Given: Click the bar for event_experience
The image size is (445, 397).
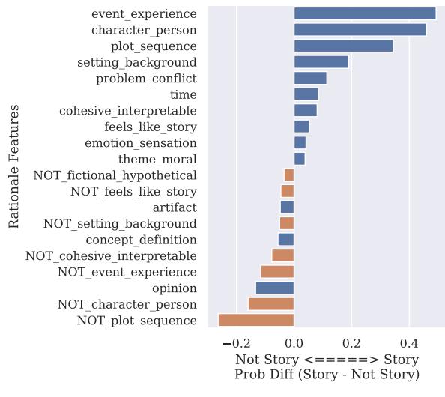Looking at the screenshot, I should pos(364,13).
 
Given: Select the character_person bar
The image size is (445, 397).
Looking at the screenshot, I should pos(360,30).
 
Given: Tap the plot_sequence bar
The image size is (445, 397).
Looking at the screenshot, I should pos(343,46).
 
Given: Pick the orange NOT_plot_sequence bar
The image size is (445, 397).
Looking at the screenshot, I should pos(255,321).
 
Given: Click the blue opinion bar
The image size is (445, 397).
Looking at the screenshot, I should pos(274,288).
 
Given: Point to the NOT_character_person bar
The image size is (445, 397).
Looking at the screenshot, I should pos(270,304).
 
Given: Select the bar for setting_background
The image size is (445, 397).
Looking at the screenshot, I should pos(321,62).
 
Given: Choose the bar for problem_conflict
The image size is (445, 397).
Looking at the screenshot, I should pos(310,78).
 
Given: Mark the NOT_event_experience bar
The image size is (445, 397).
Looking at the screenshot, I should pos(276,272).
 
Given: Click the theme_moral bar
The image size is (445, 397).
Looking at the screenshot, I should pos(299,159).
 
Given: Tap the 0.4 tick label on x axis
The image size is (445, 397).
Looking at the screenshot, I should pos(409,343).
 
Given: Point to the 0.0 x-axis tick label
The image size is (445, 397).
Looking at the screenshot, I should pos(294,343).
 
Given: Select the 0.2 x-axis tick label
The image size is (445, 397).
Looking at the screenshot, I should pos(351,343).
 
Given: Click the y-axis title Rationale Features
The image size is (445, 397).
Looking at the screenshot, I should pos(13,167).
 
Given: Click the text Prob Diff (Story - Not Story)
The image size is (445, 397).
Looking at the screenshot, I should pos(327,374).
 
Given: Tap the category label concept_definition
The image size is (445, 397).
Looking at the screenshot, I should pos(141,240).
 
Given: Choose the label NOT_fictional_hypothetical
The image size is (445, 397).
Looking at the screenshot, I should pos(115,175).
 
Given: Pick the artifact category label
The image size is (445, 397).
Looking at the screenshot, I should pos(175,207).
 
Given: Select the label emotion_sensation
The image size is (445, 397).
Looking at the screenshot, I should pos(141,143).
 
